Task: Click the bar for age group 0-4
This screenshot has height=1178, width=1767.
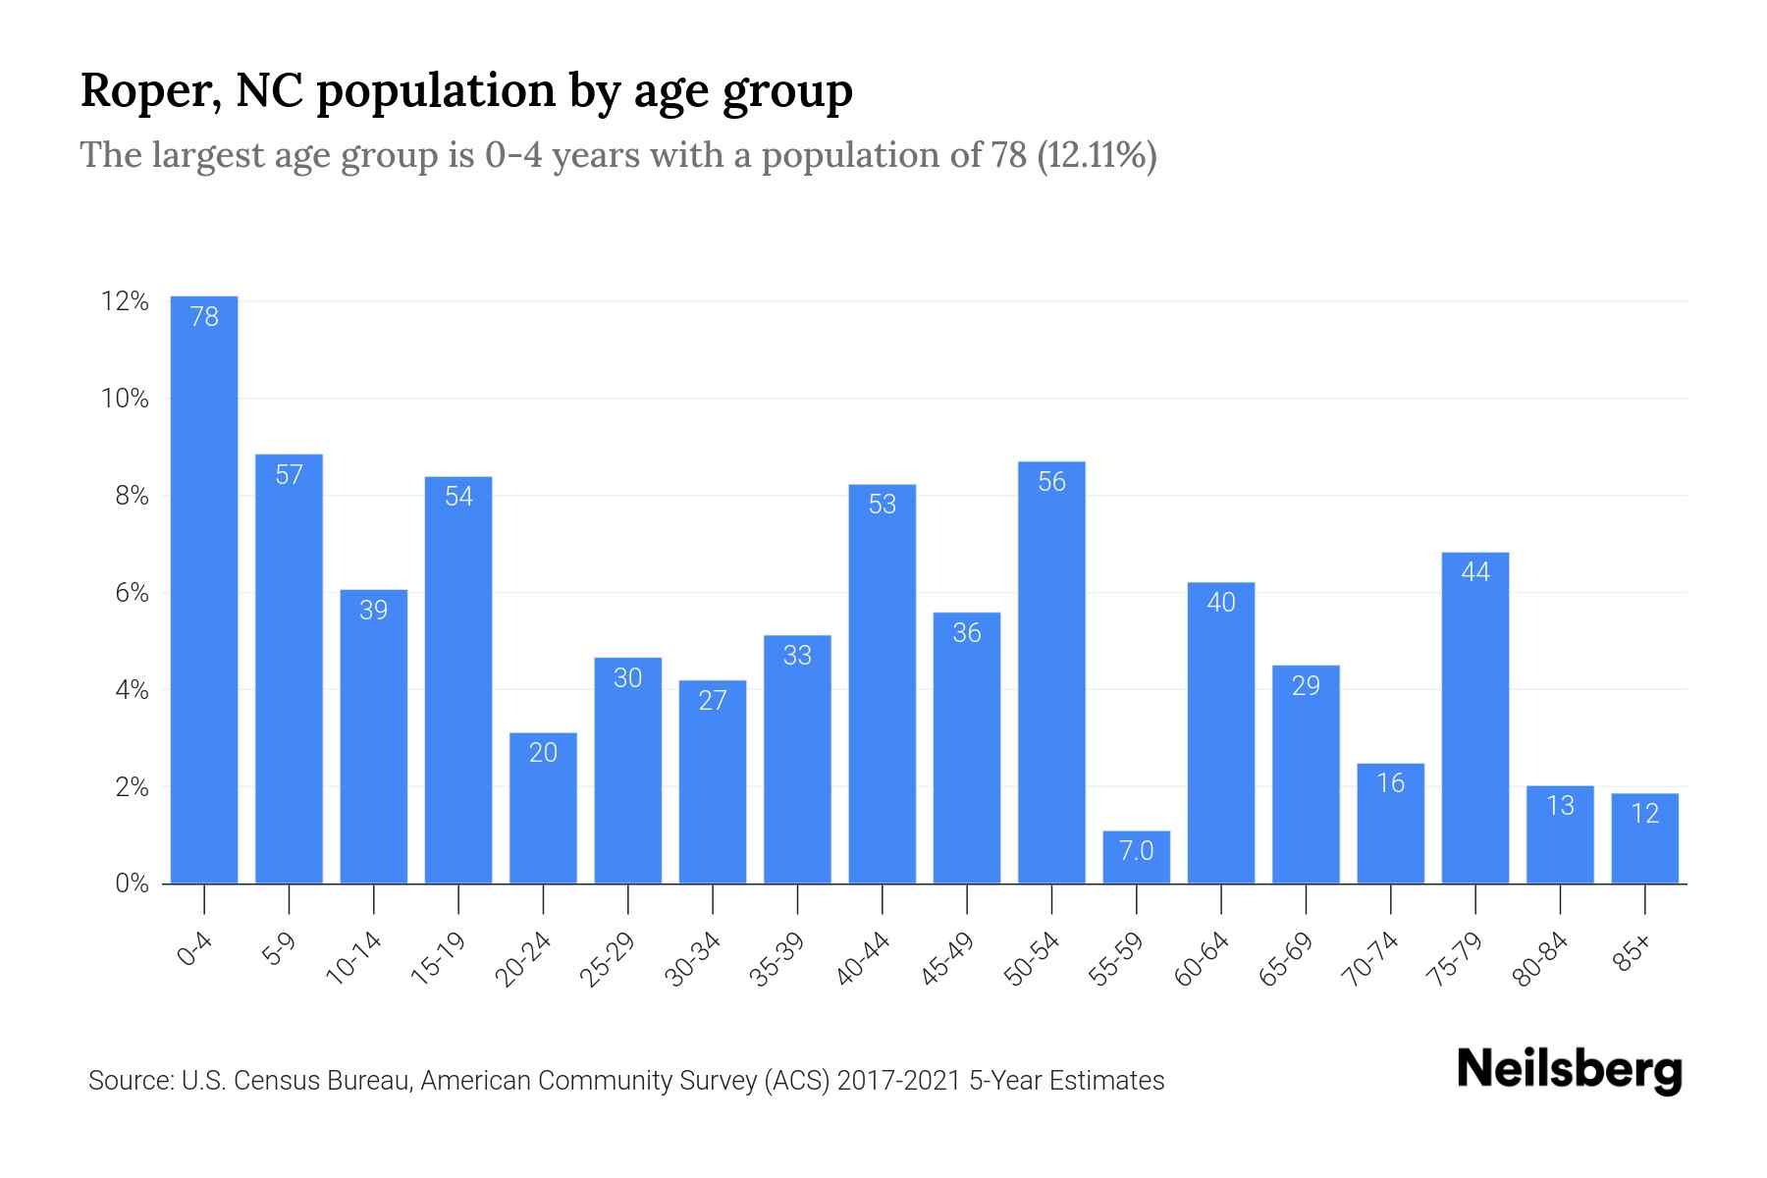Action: coord(204,589)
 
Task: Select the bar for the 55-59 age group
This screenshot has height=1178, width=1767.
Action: coord(1136,858)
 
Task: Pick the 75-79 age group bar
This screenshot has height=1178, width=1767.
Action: coord(1474,718)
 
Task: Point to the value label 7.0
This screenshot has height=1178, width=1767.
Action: coord(1136,850)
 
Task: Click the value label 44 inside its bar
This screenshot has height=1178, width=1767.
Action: coord(1474,572)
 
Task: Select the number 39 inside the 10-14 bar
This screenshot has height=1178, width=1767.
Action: coord(373,611)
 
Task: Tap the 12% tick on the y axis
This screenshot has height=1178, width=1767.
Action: coord(125,301)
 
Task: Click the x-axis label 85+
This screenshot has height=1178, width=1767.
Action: coord(1633,955)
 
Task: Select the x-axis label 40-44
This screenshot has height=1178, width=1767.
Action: coord(864,959)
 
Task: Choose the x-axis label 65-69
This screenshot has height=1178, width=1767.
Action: coord(1286,959)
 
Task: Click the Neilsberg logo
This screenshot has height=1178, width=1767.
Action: coord(1569,1070)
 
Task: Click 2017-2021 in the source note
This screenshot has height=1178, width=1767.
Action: coord(899,1081)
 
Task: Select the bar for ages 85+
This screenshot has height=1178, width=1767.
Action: coord(1644,838)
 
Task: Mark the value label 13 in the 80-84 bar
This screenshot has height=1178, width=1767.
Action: coord(1560,806)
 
